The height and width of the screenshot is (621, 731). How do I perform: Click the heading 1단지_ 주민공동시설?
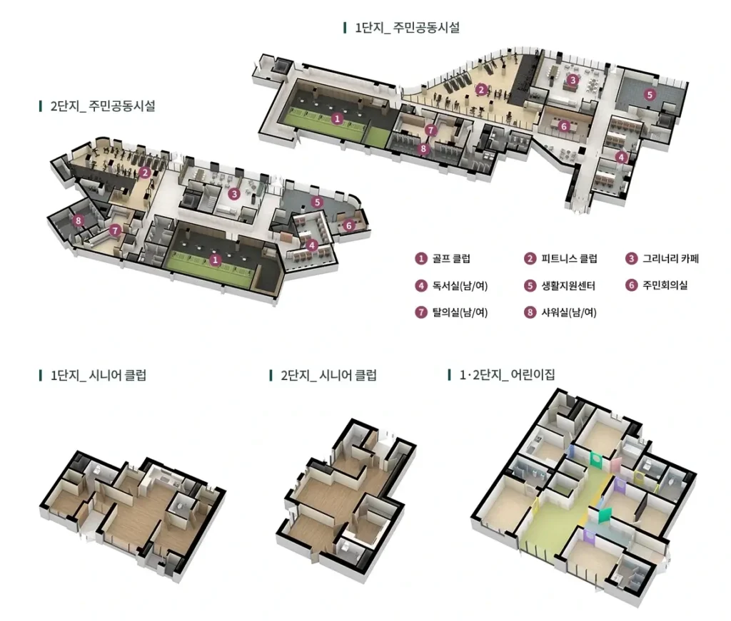coord(407,28)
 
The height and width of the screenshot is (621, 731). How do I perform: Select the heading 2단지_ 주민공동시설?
coord(103,106)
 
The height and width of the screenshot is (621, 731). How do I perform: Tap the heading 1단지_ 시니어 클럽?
coord(99,375)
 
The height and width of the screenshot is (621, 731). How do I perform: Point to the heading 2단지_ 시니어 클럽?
coord(328,375)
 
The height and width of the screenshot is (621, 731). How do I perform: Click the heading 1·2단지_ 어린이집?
coord(508,375)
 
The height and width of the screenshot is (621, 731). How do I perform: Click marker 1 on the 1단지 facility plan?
coord(337,118)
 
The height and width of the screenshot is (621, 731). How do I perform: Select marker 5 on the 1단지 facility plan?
coord(650,95)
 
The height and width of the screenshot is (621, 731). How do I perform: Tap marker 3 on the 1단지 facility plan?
coord(573,80)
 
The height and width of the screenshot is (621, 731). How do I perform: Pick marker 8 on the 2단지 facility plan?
coord(79,220)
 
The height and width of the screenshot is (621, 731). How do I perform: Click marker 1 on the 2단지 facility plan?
coord(215,260)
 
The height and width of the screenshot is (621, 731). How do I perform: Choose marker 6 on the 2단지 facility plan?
coord(348,226)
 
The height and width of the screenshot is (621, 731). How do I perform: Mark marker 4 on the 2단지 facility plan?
coord(312,245)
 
